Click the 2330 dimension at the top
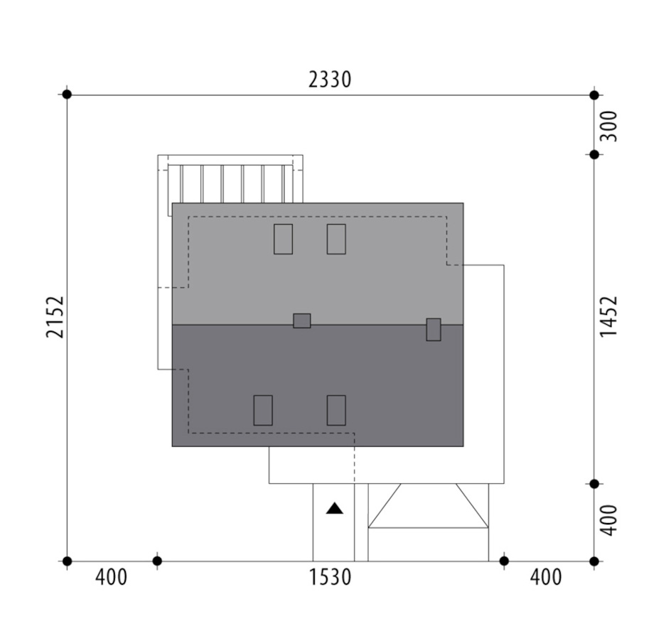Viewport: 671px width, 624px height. pos(330,80)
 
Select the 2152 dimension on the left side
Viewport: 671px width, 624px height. pos(55,317)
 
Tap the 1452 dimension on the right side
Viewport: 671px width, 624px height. pos(608,316)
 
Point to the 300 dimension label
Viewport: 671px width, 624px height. pos(608,126)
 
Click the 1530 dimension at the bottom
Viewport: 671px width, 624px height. pos(330,577)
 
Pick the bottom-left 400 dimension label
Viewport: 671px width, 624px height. pos(112,577)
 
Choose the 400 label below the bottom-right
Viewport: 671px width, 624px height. pos(546,577)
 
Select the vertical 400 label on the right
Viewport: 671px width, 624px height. pos(608,520)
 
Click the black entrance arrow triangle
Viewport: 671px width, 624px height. pos(335,508)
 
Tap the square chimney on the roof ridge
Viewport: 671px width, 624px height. pos(301,321)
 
